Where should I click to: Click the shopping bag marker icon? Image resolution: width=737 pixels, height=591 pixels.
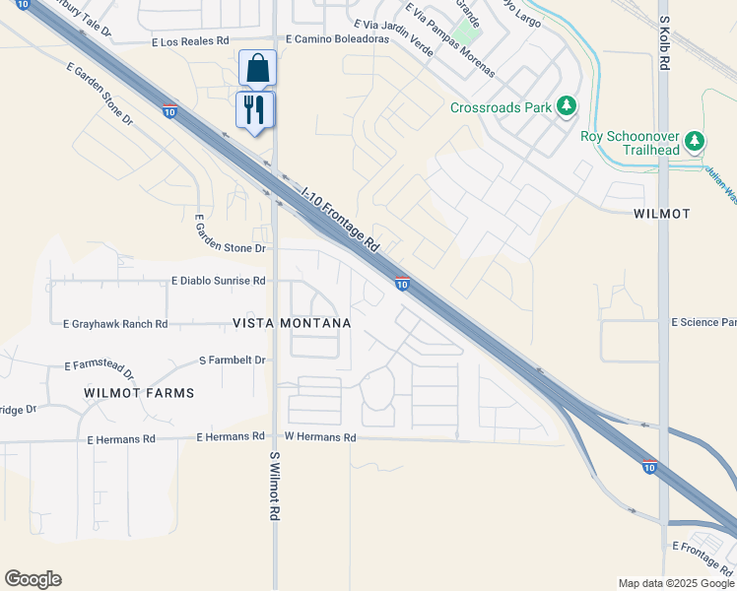click(257, 68)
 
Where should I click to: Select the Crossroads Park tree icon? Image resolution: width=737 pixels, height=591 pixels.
click(567, 105)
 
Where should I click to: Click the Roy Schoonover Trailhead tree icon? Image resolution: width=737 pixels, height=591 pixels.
click(696, 142)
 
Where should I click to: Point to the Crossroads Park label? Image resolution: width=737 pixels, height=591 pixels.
click(501, 107)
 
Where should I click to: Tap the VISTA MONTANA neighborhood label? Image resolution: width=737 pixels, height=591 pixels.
click(292, 323)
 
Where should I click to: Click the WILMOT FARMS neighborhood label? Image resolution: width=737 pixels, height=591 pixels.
click(139, 392)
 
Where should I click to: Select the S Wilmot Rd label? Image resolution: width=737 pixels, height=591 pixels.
click(275, 487)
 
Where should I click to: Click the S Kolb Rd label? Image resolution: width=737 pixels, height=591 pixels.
click(664, 42)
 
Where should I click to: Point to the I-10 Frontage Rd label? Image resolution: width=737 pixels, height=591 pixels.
click(340, 218)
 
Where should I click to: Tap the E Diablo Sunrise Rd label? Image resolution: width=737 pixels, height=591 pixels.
click(219, 281)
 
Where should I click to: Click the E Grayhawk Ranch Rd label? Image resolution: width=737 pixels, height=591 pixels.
click(115, 323)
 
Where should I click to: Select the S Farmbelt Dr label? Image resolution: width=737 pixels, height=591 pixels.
click(233, 361)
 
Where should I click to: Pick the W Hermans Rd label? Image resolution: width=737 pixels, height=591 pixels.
click(319, 436)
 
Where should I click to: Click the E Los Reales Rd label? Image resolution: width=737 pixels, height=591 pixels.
click(190, 42)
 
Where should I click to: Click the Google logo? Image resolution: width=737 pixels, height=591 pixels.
click(33, 579)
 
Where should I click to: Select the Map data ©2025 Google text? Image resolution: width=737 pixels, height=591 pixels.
click(677, 583)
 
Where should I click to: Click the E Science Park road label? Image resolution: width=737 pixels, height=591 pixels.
click(703, 322)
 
